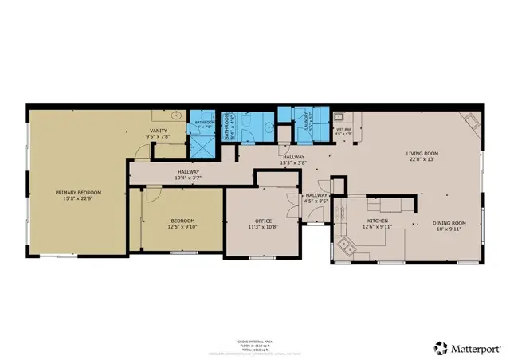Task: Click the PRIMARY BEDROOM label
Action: [x=76, y=193]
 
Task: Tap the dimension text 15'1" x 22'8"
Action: [x=76, y=199]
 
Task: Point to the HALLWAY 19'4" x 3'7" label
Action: [x=188, y=172]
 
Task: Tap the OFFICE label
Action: [x=264, y=221]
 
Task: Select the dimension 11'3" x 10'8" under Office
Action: [x=264, y=227]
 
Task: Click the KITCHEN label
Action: [x=378, y=221]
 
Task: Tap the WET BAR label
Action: [x=343, y=128]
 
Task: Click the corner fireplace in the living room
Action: [x=472, y=122]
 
